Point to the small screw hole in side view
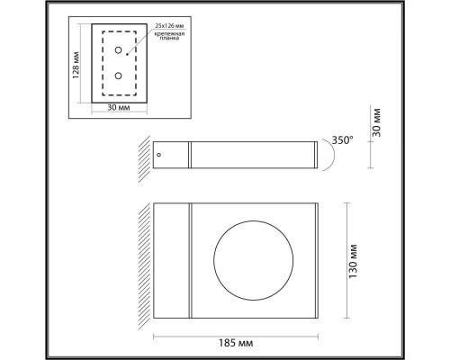click(159, 155)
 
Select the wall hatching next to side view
click(144, 155)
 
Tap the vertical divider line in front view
click(190, 261)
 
